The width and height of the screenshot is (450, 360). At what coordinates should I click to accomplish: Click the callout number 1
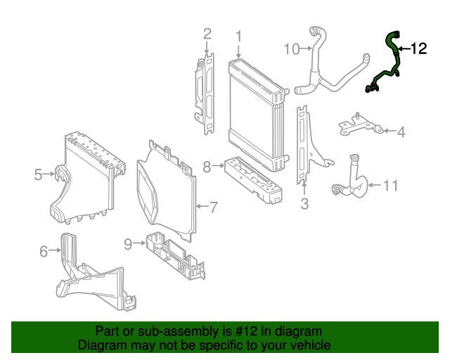(x=238, y=36)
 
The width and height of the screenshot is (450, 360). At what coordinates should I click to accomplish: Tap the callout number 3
(x=304, y=205)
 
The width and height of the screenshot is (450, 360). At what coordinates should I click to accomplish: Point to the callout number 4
(x=401, y=131)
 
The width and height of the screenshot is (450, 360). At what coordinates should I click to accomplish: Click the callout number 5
(x=38, y=174)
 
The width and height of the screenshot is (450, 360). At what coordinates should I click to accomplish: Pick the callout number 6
(x=43, y=250)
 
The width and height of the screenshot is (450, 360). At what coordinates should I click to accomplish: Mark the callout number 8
(x=207, y=167)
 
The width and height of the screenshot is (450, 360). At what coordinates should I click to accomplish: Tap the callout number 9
(x=128, y=243)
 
